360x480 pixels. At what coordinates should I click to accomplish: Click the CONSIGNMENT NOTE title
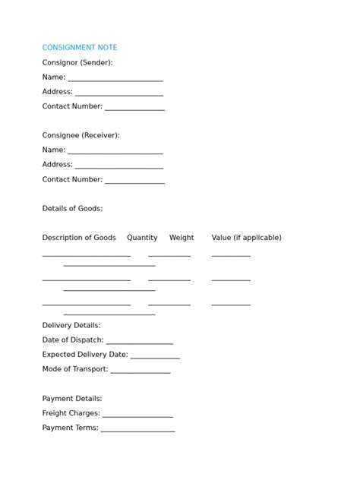80,48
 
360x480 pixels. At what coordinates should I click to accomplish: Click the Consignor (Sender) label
77,62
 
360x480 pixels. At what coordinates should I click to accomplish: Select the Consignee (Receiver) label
81,135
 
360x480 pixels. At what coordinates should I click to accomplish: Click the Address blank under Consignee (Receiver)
119,166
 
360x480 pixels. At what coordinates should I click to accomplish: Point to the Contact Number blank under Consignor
134,109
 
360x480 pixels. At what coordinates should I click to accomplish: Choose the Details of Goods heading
72,208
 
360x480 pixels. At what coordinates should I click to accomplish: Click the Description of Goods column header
79,238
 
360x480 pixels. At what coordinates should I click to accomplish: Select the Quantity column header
142,238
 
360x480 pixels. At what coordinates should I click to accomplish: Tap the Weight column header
182,238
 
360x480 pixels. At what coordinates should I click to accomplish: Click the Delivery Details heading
71,325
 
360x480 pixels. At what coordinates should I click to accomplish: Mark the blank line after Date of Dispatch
140,343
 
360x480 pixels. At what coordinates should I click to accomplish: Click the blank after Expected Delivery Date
155,357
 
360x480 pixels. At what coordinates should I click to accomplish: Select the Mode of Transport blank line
141,371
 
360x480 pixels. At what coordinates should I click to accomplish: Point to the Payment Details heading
72,398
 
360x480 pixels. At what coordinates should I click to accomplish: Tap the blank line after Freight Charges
137,415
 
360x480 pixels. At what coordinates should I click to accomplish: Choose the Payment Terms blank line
137,430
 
